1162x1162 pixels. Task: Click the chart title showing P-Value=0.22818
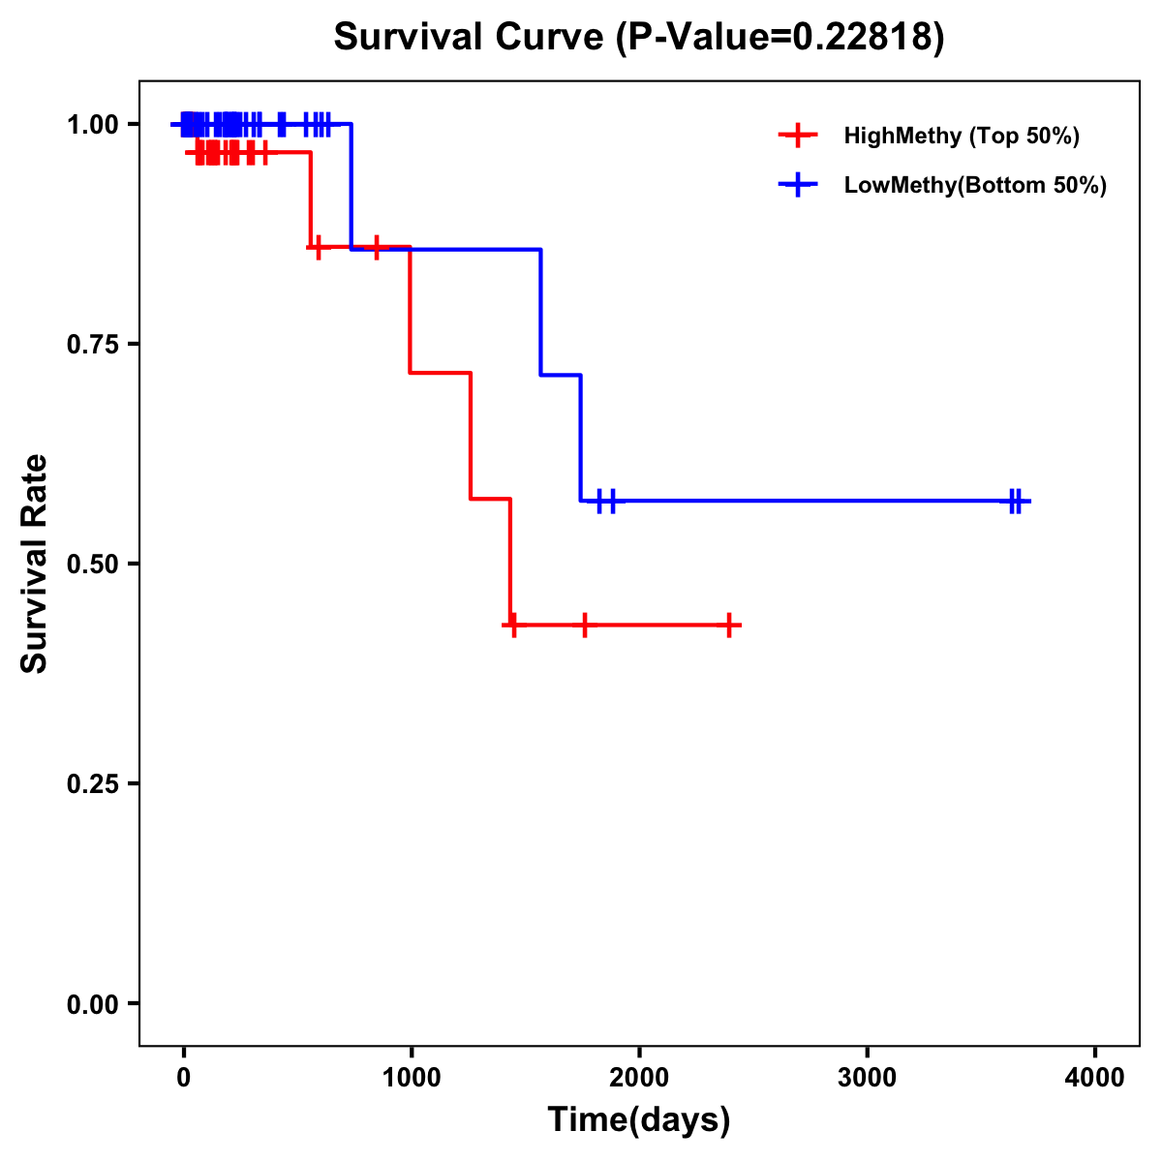pyautogui.click(x=638, y=37)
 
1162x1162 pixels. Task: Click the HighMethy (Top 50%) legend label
pyautogui.click(x=961, y=136)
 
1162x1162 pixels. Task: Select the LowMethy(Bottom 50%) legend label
pyautogui.click(x=975, y=185)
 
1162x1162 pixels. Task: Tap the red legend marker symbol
pyautogui.click(x=797, y=136)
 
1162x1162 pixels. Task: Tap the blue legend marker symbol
pyautogui.click(x=797, y=185)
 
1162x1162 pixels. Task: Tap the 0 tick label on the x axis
pyautogui.click(x=183, y=1078)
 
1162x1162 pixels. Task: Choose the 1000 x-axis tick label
pyautogui.click(x=411, y=1078)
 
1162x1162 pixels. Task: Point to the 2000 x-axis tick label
pyautogui.click(x=639, y=1078)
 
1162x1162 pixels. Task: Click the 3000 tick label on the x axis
pyautogui.click(x=867, y=1078)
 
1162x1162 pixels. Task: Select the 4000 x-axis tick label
pyautogui.click(x=1095, y=1078)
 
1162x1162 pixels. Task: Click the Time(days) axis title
pyautogui.click(x=639, y=1120)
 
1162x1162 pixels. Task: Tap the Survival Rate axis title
pyautogui.click(x=35, y=564)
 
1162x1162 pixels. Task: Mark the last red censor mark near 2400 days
pyautogui.click(x=729, y=626)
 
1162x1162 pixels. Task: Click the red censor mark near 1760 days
pyautogui.click(x=585, y=626)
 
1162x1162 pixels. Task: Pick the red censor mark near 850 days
pyautogui.click(x=377, y=247)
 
